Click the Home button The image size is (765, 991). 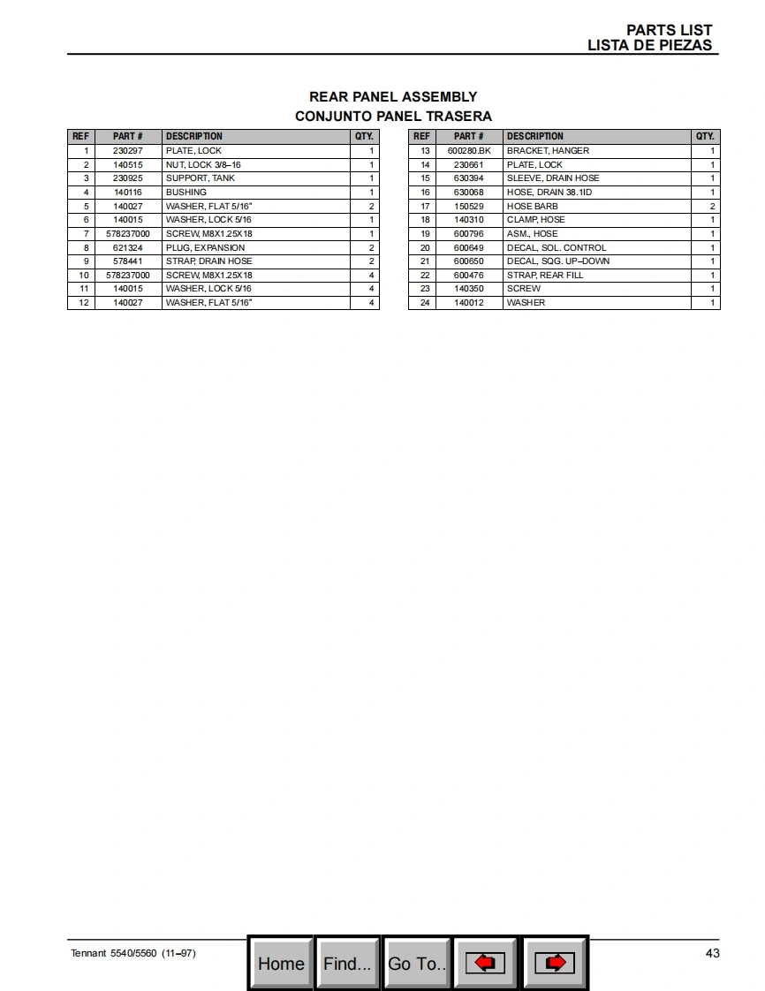[281, 964]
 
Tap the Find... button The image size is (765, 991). [347, 964]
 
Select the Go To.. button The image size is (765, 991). [416, 964]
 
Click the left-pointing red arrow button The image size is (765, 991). [485, 964]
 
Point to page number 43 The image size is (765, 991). [712, 953]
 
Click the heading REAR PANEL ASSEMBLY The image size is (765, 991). [393, 97]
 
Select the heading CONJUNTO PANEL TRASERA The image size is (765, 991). [393, 117]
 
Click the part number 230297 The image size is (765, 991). [127, 151]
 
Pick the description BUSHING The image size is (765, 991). [186, 193]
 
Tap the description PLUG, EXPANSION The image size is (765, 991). [205, 248]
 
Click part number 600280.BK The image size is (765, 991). [468, 151]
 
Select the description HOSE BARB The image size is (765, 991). [532, 207]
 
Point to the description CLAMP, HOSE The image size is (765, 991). [535, 220]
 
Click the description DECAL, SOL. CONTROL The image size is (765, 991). [557, 248]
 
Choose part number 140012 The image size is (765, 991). [468, 303]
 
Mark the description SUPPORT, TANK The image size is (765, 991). [201, 178]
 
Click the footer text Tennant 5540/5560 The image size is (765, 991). [114, 954]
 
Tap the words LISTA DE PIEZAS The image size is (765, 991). [649, 46]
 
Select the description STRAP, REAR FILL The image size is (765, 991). [545, 276]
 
